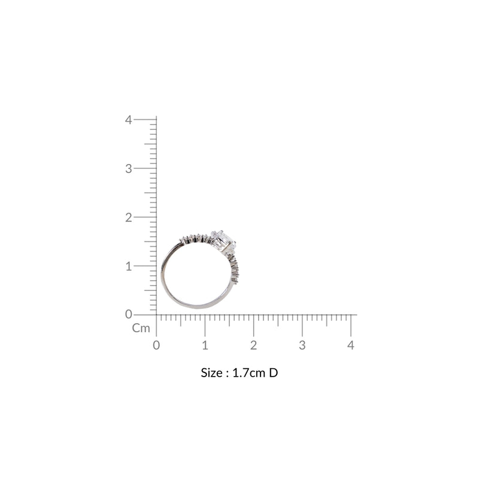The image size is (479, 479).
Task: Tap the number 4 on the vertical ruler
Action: [128, 119]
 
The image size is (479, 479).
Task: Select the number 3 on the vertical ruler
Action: [128, 168]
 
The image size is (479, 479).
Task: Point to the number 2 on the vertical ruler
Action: [128, 217]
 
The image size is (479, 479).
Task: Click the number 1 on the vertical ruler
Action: [128, 266]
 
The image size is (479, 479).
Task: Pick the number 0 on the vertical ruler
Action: [128, 314]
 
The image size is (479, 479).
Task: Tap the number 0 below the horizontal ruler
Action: [156, 345]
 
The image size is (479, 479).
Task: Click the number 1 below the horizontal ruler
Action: [205, 345]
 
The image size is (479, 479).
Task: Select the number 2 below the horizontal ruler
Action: [253, 345]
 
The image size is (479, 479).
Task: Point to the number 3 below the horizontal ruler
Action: [302, 345]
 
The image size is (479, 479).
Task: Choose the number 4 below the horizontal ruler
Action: [351, 345]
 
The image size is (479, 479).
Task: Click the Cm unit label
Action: [141, 328]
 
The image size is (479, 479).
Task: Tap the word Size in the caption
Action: [211, 372]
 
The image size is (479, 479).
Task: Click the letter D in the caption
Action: [274, 372]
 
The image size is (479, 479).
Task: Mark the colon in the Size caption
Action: [226, 373]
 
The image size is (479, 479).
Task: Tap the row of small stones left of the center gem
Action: [195, 238]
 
